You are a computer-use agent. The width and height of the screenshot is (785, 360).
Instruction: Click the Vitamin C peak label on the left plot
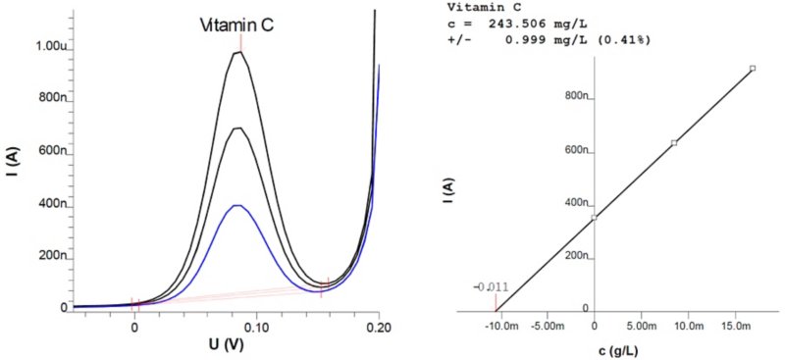coord(236,26)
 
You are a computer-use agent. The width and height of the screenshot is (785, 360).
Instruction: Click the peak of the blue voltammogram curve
coord(236,206)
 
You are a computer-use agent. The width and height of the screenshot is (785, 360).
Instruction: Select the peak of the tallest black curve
coord(238,52)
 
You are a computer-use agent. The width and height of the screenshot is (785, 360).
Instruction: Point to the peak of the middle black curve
coord(237,129)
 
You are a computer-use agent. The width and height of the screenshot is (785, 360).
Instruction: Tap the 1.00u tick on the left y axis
coord(48,46)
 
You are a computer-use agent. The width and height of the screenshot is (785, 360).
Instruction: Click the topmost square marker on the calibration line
coord(752,69)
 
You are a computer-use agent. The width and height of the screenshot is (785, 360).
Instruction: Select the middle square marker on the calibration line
coord(674,143)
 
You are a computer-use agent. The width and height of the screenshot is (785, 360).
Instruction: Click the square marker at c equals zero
coord(595,218)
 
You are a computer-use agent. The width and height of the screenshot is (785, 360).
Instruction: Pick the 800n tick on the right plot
coord(574,97)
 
